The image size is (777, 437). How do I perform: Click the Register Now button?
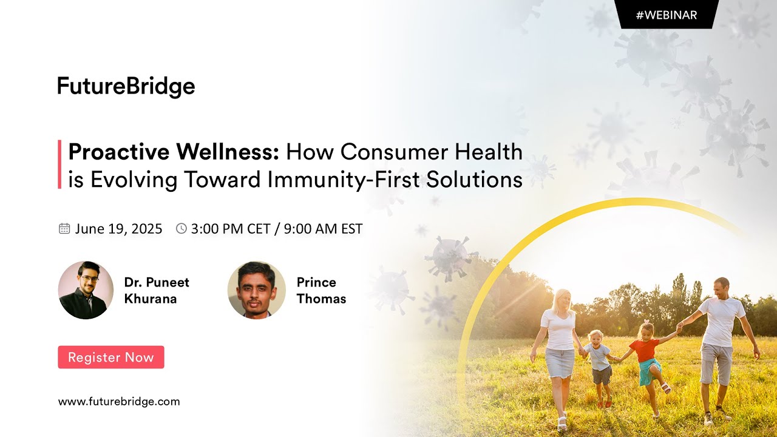pos(111,357)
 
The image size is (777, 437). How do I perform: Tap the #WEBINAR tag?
pos(667,15)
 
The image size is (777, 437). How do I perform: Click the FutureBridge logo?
pos(126,87)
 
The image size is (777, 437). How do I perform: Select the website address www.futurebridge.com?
pos(119,401)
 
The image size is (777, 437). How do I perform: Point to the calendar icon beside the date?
pos(64,229)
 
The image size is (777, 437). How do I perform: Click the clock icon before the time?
pos(181,229)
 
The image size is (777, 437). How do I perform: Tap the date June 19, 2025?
pos(119,229)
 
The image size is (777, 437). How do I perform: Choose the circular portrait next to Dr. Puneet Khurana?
pos(86,290)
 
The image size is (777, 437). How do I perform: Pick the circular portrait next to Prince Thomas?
pos(256,290)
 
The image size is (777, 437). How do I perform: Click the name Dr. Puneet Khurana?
pos(157,290)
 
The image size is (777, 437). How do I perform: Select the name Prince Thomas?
pos(321,290)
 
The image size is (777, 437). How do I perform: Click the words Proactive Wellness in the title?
pos(174,152)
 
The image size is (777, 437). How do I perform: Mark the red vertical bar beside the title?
pos(59,164)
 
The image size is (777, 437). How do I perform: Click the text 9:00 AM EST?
pos(323,229)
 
